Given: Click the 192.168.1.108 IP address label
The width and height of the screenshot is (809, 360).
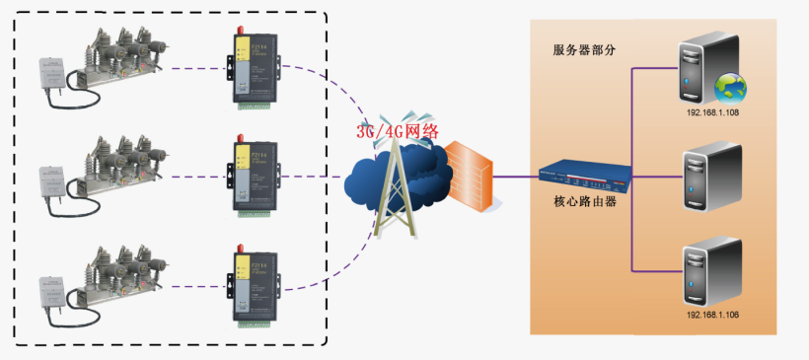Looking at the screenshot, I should pyautogui.click(x=712, y=112).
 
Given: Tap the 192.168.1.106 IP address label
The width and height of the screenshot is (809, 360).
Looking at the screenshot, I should pyautogui.click(x=712, y=314).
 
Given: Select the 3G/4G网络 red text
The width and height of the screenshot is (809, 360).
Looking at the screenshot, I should pyautogui.click(x=398, y=130).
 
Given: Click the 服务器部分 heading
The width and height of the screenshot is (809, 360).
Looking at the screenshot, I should pyautogui.click(x=585, y=50).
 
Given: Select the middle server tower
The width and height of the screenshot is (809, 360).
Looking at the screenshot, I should pyautogui.click(x=711, y=179).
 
